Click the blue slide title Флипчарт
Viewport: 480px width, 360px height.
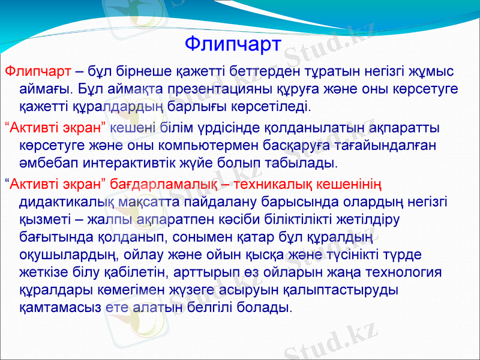(233, 44)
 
